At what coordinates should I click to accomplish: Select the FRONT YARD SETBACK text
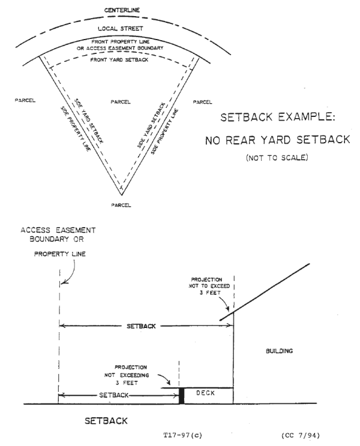[x=116, y=60]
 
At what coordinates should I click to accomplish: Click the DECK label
[x=201, y=394]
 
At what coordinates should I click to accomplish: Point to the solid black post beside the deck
[x=181, y=395]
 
